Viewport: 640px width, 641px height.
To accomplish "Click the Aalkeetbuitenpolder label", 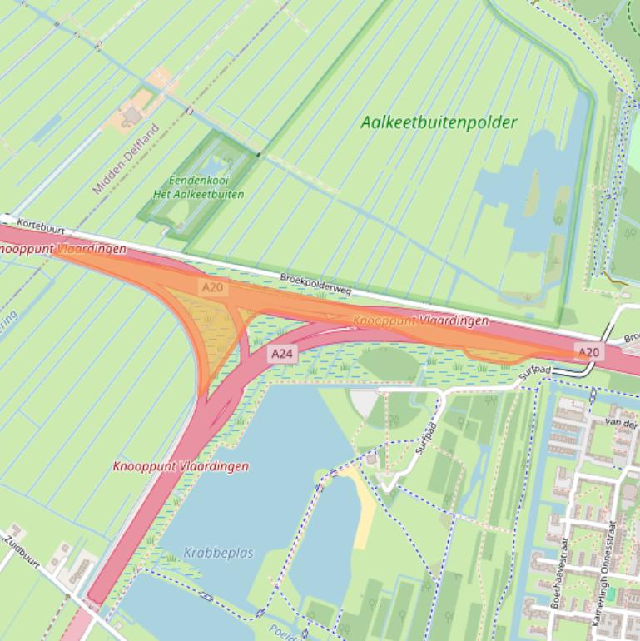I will (439, 122).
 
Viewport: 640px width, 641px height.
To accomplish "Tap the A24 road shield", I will (282, 354).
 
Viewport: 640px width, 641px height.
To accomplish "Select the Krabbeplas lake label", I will (220, 553).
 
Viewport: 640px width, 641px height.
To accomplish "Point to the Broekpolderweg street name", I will (316, 284).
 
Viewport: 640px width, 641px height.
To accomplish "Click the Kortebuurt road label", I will (40, 225).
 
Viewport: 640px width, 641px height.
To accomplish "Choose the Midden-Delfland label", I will (126, 159).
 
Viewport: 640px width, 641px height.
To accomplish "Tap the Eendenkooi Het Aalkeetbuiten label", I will (198, 187).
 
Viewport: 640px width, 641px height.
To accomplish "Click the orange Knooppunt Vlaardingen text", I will (420, 320).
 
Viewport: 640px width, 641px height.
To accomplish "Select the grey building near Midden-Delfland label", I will (131, 117).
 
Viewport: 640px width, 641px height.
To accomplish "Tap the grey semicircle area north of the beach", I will (365, 405).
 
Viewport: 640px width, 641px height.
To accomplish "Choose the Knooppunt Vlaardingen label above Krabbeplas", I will (181, 466).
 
